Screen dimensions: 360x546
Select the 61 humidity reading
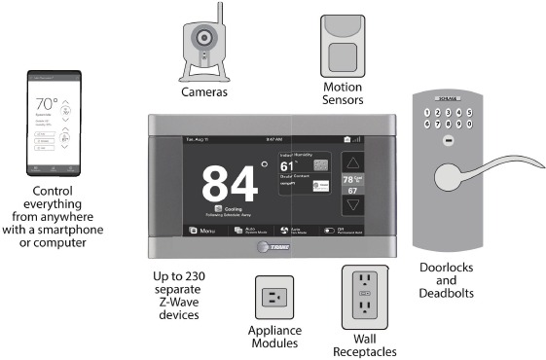pyautogui.click(x=287, y=166)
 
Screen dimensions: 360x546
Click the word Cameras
pyautogui.click(x=204, y=92)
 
